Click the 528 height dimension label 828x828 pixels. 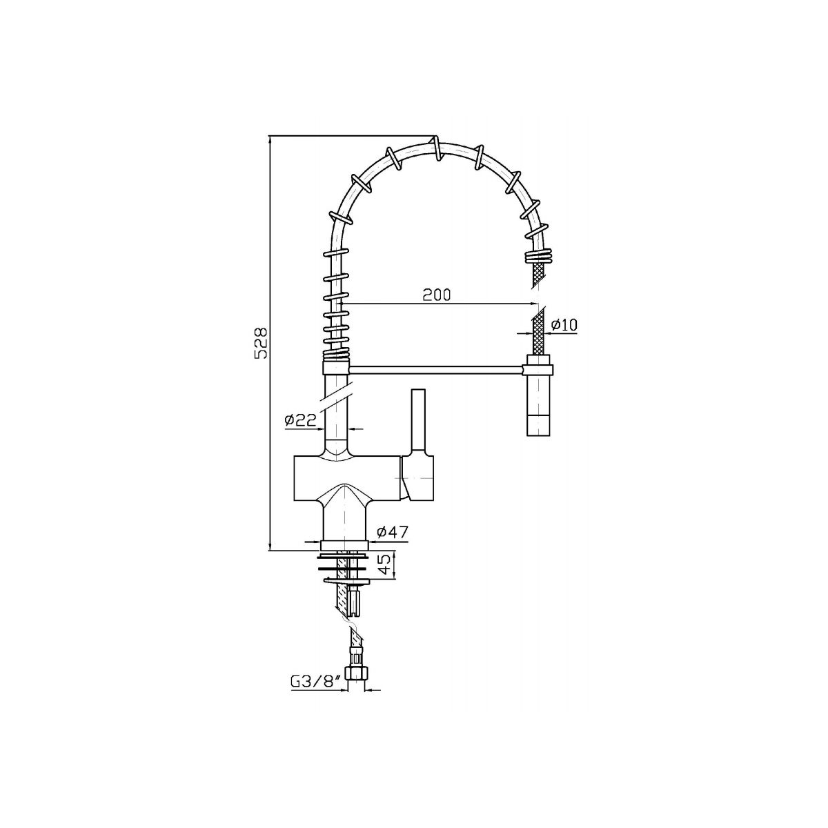coord(262,344)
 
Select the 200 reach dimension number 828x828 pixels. coord(437,295)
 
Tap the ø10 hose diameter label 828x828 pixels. coord(563,325)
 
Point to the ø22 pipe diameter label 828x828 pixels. coord(300,419)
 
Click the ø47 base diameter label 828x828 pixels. coord(392,533)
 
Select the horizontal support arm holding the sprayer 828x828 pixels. coord(435,370)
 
